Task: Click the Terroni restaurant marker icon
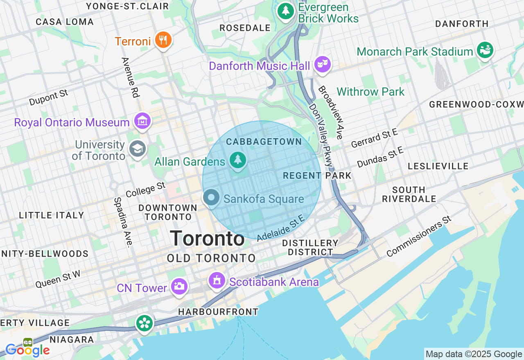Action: pos(163,40)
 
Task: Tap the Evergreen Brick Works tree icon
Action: pos(286,11)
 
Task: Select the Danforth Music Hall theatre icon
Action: pos(323,64)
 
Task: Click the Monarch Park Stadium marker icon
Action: pos(485,50)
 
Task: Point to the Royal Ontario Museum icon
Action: pos(142,121)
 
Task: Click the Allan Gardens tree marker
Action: pos(237,160)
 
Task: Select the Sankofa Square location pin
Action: pos(211,198)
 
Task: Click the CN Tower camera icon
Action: pos(179,286)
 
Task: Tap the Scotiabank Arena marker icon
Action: pos(217,281)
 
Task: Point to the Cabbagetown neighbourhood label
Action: pos(264,142)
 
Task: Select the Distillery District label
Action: pos(310,248)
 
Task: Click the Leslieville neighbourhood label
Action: pos(438,166)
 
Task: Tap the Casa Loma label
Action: pos(65,22)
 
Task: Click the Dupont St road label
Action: pos(49,97)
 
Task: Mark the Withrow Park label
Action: pos(370,92)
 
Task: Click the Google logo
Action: pos(27,350)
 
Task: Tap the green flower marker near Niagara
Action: pos(145,323)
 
